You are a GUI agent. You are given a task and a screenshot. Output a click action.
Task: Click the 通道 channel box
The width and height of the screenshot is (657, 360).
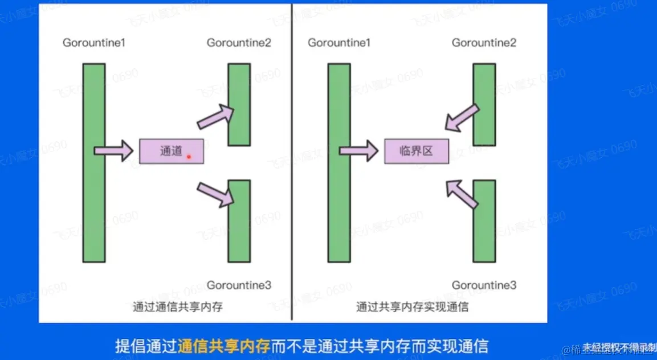[x=171, y=151]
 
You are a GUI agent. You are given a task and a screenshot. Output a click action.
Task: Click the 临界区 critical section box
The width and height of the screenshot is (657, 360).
[x=417, y=151]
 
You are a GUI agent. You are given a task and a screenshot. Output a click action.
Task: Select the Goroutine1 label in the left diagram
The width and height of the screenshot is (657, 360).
[x=95, y=43]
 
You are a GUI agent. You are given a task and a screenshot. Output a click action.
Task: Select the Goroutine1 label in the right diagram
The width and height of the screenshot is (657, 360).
[x=339, y=43]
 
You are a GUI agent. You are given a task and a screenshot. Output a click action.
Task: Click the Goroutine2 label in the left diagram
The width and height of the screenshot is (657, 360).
[x=239, y=43]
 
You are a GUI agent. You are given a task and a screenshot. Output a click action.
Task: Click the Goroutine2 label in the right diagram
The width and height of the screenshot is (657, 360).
[x=484, y=43]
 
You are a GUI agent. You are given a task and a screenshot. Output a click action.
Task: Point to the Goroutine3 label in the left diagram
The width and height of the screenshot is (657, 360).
[x=239, y=285]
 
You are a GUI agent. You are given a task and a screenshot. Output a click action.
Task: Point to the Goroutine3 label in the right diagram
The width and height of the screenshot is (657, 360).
[x=484, y=285]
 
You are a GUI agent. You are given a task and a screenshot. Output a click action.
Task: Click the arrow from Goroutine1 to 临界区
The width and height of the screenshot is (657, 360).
[x=358, y=151]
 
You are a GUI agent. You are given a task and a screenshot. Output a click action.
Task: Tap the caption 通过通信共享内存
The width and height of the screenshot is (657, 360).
[x=177, y=307]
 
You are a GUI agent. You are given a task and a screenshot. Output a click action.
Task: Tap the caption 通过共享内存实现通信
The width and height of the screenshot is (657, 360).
[x=412, y=307]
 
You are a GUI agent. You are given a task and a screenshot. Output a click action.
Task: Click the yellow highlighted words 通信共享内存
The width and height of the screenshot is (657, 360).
[x=223, y=346]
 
